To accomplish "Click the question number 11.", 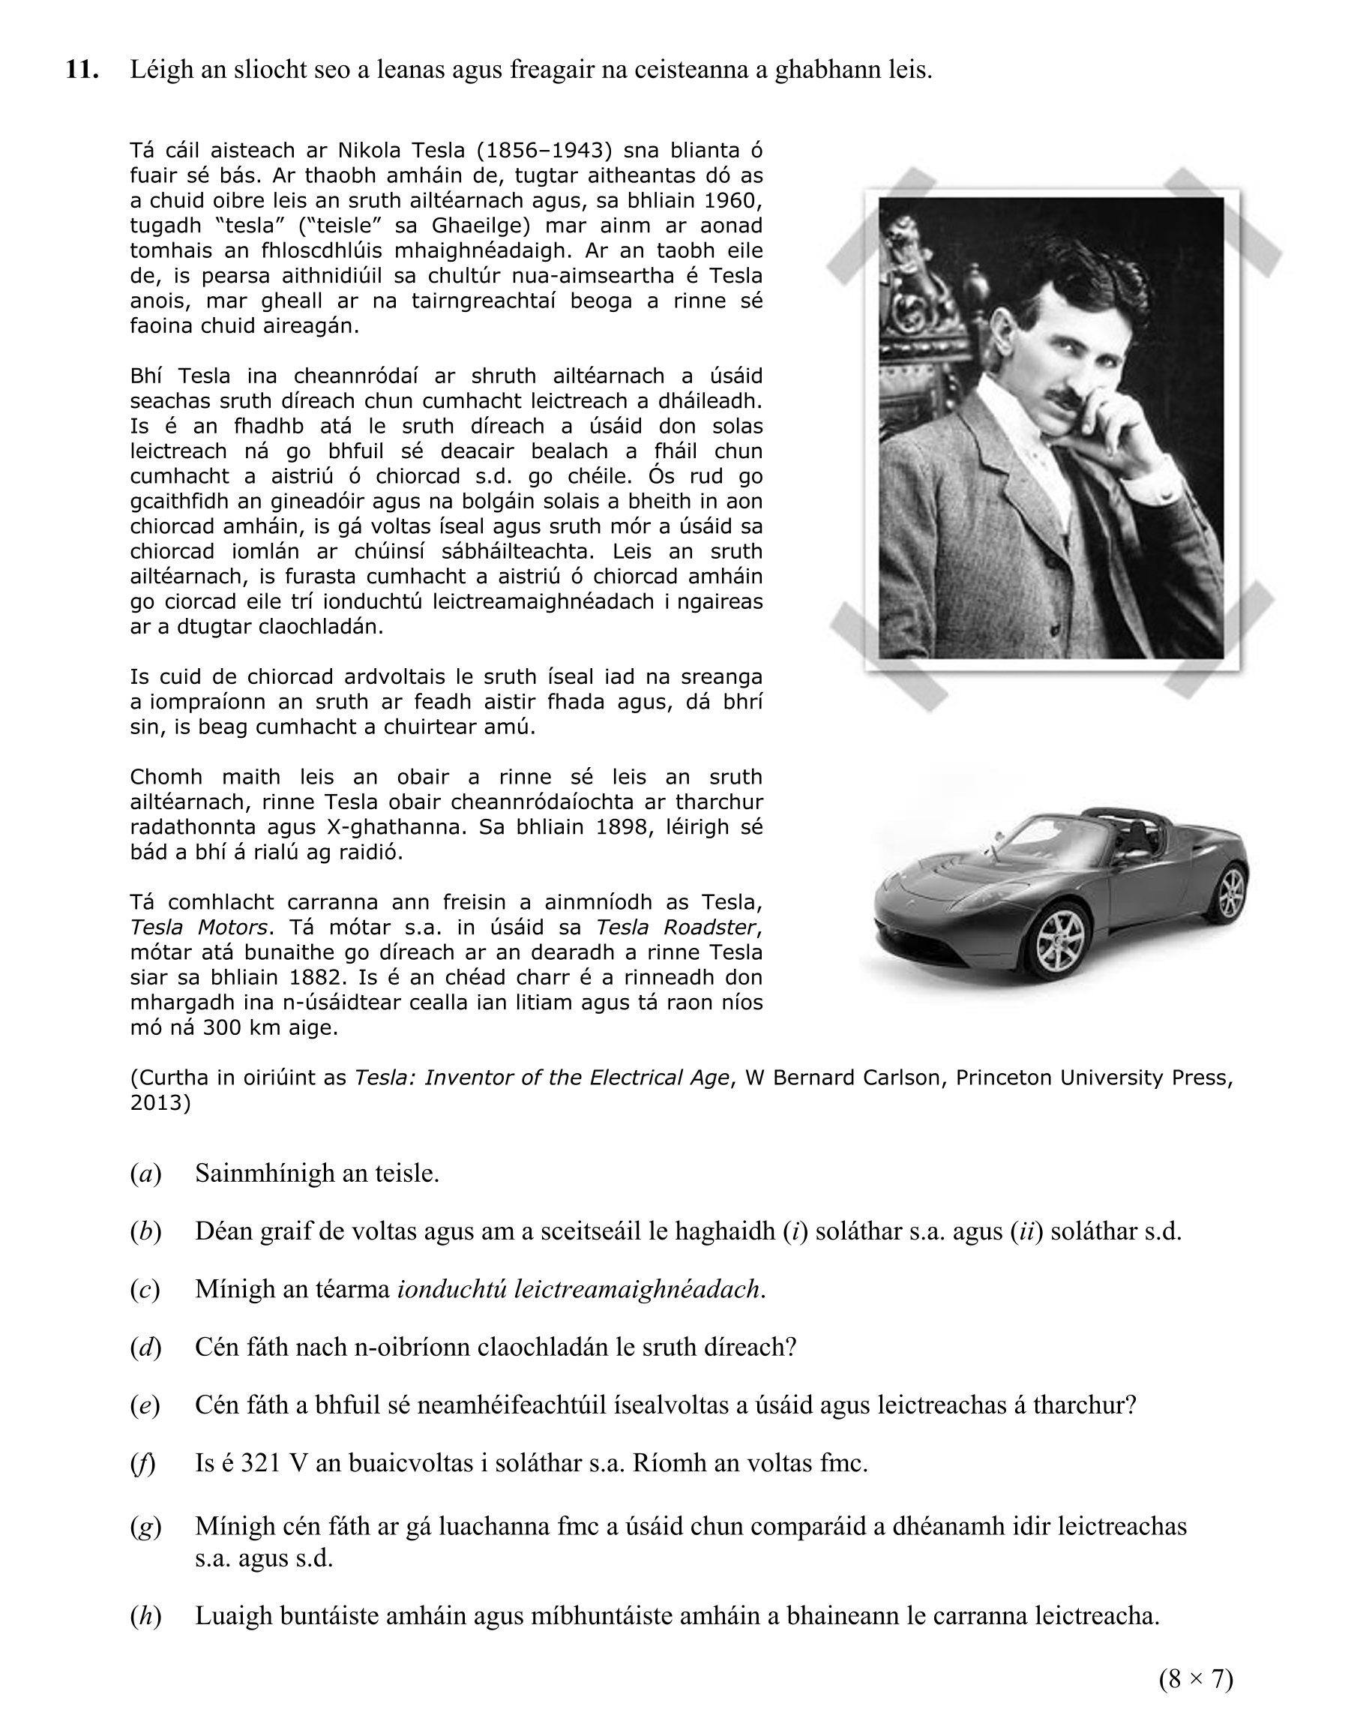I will [82, 70].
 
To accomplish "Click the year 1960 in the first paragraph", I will [732, 200].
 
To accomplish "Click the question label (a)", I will [145, 1174].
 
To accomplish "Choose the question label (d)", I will [145, 1347].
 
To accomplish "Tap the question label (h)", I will [145, 1615].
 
